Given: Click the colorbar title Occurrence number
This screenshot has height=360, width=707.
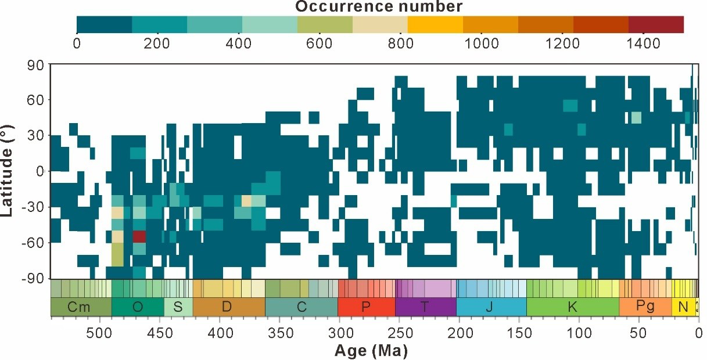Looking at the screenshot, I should (379, 7).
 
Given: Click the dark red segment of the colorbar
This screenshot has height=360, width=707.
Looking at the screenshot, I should (656, 24).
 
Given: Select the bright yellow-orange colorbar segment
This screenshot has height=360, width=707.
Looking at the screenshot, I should (435, 24).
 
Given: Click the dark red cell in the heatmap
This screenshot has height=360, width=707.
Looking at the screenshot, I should (139, 236).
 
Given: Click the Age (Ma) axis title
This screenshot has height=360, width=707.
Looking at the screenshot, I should (371, 351).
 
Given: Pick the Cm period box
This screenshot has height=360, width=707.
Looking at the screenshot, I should (80, 307).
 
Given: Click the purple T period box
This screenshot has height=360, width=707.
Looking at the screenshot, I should (425, 307).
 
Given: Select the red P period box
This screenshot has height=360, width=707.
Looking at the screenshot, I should (366, 307).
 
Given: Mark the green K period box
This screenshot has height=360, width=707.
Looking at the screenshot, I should (572, 307).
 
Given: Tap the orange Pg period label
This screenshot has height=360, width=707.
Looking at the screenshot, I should (645, 307).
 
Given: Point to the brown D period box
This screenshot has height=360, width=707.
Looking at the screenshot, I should (228, 307).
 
